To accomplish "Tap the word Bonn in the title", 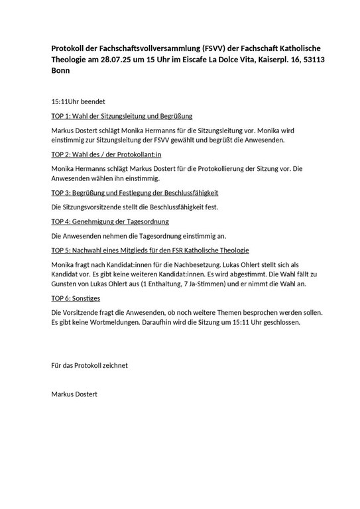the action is pyautogui.click(x=62, y=72).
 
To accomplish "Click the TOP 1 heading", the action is pyautogui.click(x=121, y=116).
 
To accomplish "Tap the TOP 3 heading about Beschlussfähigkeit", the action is pyautogui.click(x=135, y=193).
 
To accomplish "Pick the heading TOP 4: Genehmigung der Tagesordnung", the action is pyautogui.click(x=110, y=221).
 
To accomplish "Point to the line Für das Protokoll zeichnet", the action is pyautogui.click(x=90, y=365).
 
